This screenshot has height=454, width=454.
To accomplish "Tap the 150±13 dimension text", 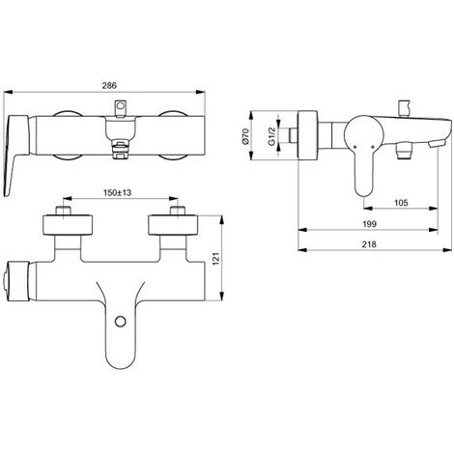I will coord(116,192).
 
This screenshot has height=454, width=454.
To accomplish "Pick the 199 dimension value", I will coord(370,225).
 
